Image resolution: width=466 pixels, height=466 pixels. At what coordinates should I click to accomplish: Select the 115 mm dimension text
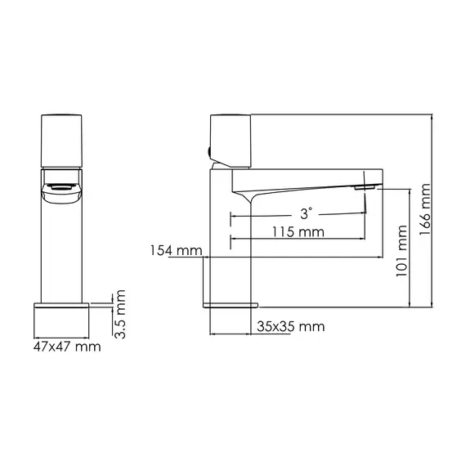pyautogui.click(x=299, y=231)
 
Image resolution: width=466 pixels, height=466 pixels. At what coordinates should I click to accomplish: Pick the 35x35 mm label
pyautogui.click(x=290, y=326)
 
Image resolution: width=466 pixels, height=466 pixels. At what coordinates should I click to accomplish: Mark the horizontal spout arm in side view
pyautogui.click(x=311, y=177)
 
